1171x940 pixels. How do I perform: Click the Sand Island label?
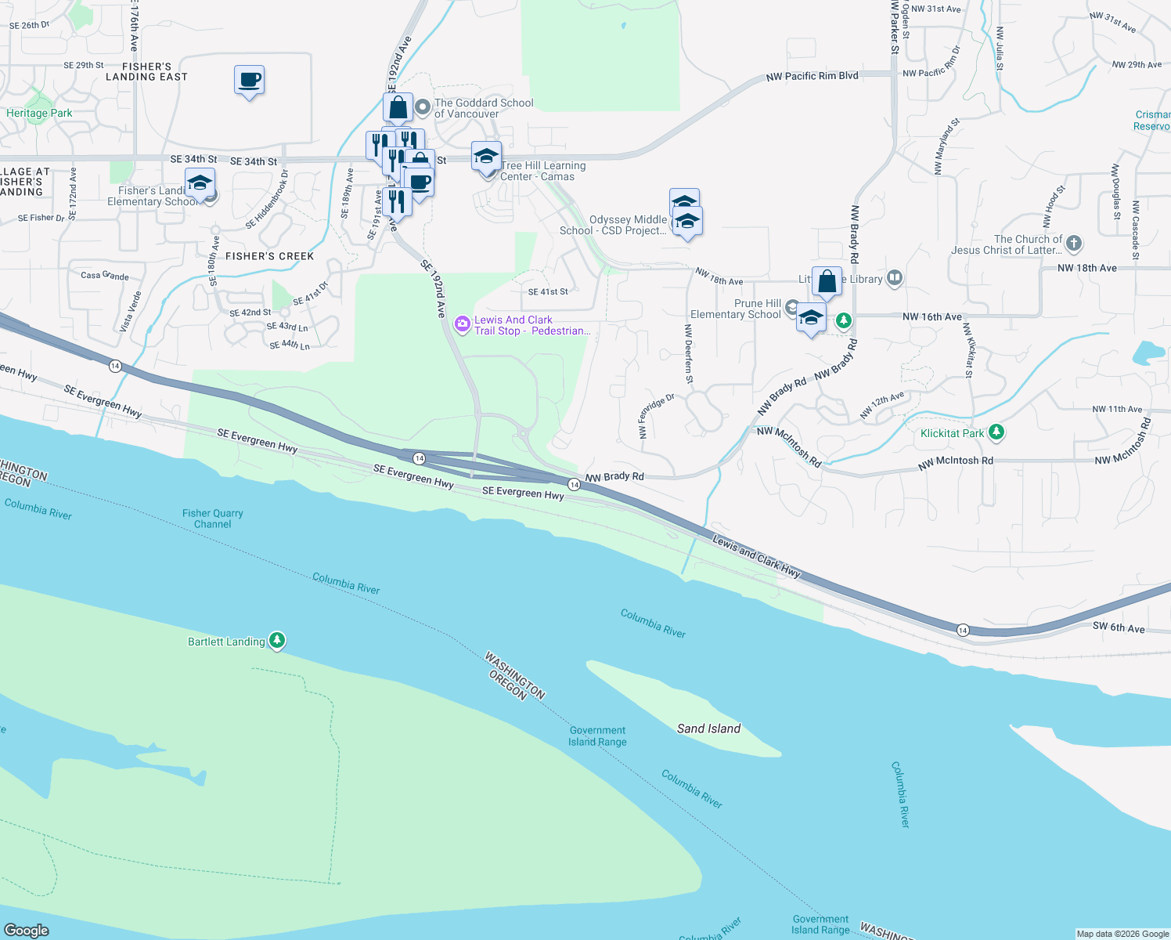(708, 728)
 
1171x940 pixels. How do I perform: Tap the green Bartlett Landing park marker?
(276, 641)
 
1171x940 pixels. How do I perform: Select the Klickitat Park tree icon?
(996, 432)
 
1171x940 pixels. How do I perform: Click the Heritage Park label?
(39, 114)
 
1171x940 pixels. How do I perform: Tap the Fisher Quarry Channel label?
(212, 519)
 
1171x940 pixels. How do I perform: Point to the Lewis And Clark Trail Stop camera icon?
(463, 324)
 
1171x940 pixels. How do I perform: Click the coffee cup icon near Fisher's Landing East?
(249, 80)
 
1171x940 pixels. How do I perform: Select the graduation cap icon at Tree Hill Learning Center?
(486, 157)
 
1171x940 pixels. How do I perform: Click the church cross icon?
(1074, 244)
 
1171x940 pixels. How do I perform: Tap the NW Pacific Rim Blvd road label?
(812, 76)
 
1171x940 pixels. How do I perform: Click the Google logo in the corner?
(27, 930)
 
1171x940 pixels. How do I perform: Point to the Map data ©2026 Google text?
(1122, 934)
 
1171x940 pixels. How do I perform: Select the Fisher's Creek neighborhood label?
(269, 256)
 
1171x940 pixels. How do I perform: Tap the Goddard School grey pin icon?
(423, 106)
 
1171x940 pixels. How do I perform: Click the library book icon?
(895, 278)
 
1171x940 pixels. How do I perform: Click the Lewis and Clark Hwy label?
(756, 556)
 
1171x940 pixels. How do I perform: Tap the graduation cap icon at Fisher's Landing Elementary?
(200, 183)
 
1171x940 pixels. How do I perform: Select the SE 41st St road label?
(548, 291)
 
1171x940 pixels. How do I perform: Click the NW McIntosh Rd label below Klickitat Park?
(955, 461)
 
